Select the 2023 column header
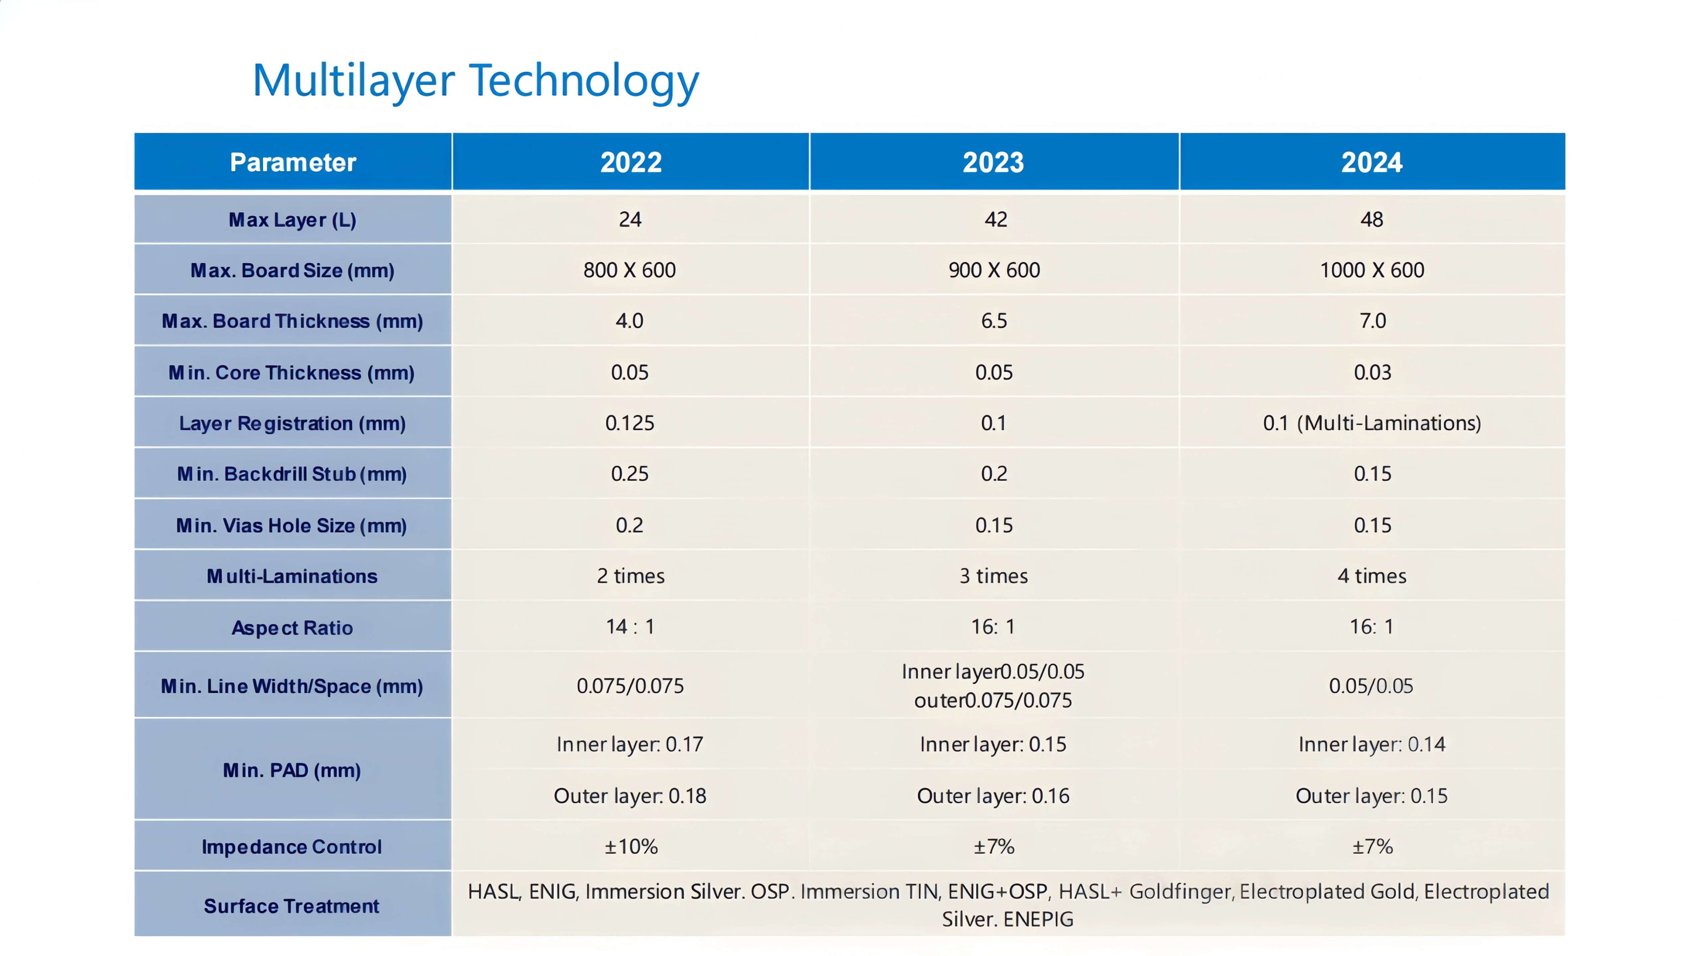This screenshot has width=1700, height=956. click(x=993, y=162)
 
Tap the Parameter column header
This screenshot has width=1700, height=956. click(x=293, y=162)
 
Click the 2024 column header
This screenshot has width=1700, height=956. click(x=1372, y=162)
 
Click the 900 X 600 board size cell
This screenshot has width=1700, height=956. click(x=994, y=270)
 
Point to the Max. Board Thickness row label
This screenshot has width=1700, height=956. click(x=292, y=321)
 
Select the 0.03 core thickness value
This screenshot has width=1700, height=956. click(x=1373, y=372)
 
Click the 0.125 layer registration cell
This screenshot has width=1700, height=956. click(x=630, y=423)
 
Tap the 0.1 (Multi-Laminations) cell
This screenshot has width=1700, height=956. click(x=1372, y=423)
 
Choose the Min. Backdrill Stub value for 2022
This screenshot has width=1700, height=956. click(x=630, y=474)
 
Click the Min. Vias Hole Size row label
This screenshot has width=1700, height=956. click(x=292, y=526)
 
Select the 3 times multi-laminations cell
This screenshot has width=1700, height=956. click(x=994, y=576)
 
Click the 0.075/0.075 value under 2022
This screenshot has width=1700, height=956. click(x=630, y=686)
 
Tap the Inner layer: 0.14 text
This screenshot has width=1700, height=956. click(x=1372, y=744)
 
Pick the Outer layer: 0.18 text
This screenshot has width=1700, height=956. click(x=630, y=796)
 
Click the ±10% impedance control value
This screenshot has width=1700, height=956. click(x=631, y=846)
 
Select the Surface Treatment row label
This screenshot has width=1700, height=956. click(x=292, y=906)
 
